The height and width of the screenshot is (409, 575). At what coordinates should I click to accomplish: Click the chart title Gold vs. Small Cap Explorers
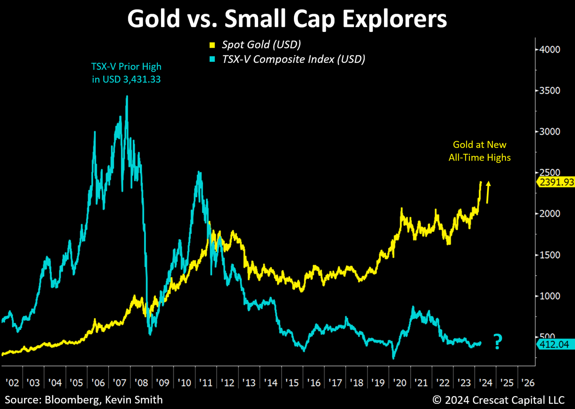click(287, 19)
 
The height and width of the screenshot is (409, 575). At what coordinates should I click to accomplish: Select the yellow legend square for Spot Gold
click(212, 45)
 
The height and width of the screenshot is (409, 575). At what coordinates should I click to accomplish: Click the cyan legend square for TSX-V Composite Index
click(212, 59)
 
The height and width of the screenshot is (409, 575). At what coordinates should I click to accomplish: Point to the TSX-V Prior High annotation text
click(126, 73)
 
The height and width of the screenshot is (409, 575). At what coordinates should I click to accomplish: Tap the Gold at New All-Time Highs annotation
click(480, 151)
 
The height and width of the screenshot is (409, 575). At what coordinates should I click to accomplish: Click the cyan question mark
click(497, 342)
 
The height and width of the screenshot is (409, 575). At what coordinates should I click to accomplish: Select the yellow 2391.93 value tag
click(556, 182)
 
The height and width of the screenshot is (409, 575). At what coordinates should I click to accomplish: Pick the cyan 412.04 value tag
click(555, 344)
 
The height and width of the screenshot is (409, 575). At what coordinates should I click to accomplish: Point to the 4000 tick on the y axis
click(549, 49)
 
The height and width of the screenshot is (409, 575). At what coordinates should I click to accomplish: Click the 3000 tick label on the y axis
click(549, 132)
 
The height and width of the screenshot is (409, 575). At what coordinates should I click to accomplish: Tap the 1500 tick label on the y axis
click(549, 255)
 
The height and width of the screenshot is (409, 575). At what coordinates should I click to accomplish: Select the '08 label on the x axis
click(141, 383)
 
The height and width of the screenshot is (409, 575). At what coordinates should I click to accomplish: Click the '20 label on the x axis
click(400, 383)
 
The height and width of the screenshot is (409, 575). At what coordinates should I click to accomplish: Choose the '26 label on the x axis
click(528, 383)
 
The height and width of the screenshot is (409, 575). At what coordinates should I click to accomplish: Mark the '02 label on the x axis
click(12, 383)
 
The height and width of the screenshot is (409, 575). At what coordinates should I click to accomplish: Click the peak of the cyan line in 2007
click(127, 97)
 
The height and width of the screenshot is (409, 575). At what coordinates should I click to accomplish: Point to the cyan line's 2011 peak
click(199, 173)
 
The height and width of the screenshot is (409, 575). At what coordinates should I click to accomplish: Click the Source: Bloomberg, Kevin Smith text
click(83, 400)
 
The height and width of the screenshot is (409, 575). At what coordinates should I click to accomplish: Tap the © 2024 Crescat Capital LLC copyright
click(498, 400)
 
